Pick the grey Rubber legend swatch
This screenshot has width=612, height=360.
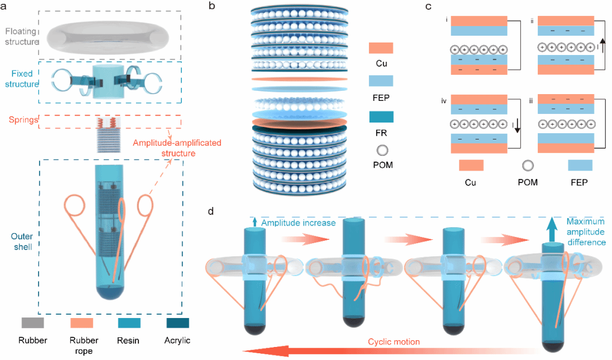tap(33, 323)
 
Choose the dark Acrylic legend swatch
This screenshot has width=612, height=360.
tap(178, 323)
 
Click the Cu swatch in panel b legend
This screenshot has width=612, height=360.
tap(381, 48)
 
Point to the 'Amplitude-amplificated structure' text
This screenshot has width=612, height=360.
tap(177, 147)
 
